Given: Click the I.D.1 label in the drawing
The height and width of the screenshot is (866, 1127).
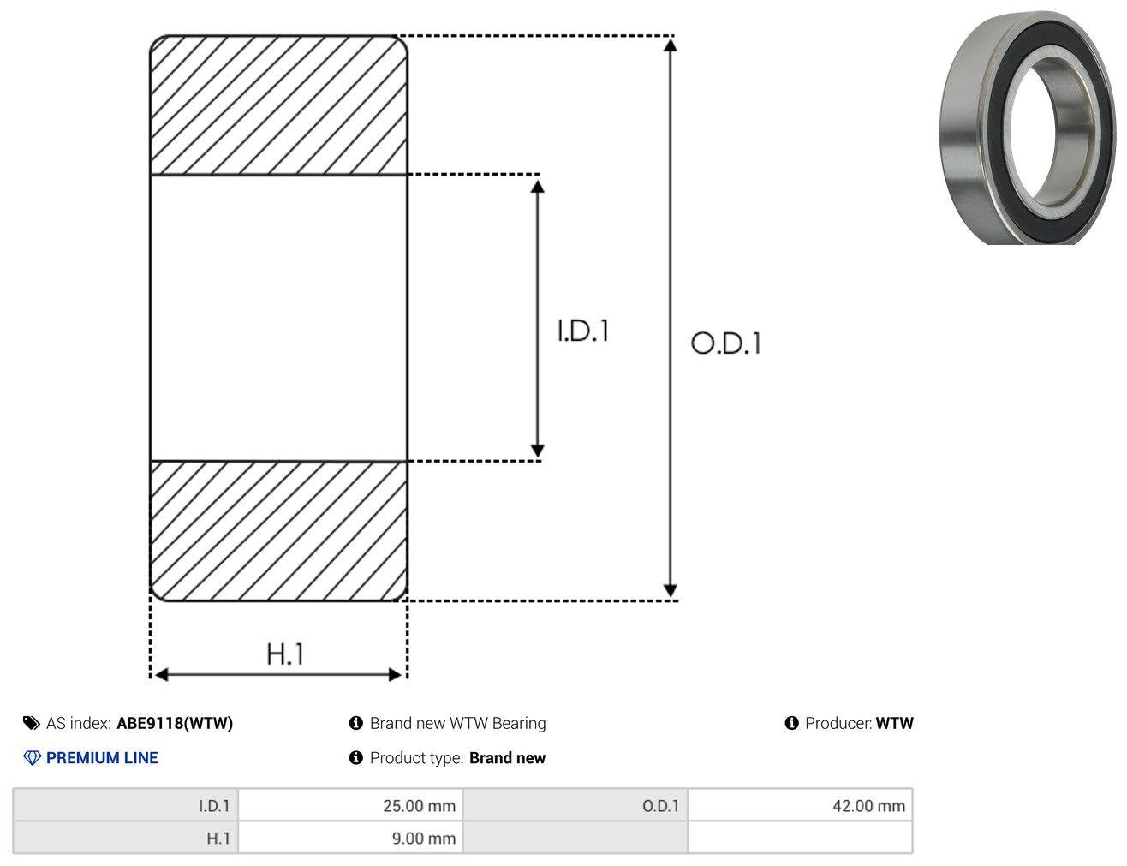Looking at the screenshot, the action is click(x=583, y=331).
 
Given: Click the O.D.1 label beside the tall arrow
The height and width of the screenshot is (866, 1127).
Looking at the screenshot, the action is click(x=726, y=343).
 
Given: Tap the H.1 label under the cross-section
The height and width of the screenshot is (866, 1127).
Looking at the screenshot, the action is click(x=284, y=654).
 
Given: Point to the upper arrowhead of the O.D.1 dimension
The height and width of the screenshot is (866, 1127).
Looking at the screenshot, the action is click(x=670, y=45).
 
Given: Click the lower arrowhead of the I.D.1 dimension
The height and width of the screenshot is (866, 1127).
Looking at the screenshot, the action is click(x=537, y=451).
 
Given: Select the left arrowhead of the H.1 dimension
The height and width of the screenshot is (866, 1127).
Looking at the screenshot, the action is click(x=161, y=675).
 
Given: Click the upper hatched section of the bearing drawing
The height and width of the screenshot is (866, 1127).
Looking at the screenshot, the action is click(x=279, y=105).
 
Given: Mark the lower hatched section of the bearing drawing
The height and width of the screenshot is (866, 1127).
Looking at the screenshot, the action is click(x=279, y=531).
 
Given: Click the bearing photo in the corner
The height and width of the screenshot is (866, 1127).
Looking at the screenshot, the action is click(x=1028, y=128).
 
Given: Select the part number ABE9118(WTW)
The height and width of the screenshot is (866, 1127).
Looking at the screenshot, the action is click(x=175, y=723).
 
